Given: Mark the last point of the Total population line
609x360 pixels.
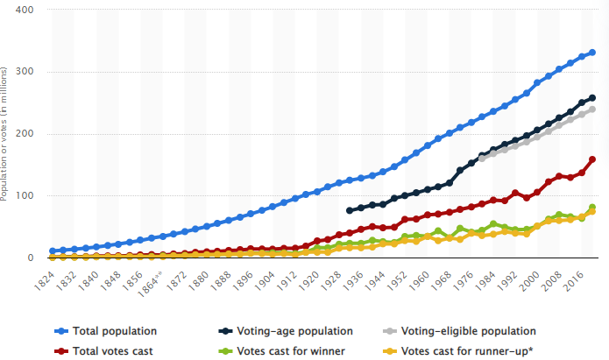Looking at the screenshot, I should pos(592,53).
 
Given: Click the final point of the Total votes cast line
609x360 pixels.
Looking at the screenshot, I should pos(592,159).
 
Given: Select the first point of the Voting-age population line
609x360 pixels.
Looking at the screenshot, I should pos(351,210).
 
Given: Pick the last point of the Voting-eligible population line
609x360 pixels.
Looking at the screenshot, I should pos(592,109).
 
